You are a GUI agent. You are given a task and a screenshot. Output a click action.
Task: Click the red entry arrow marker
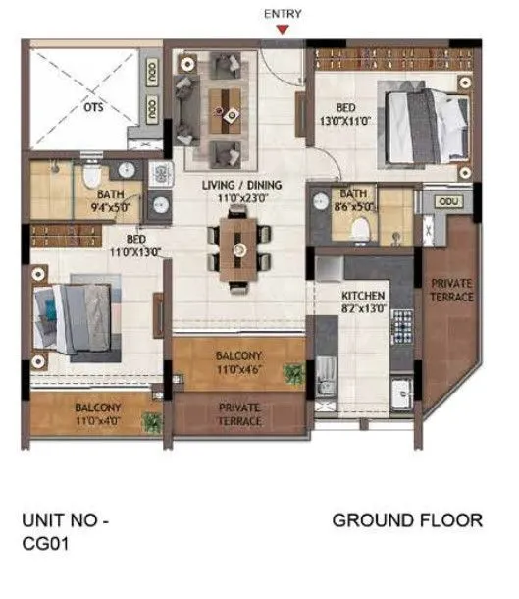(x=283, y=29)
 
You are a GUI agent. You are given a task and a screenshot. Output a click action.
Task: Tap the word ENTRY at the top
(x=283, y=14)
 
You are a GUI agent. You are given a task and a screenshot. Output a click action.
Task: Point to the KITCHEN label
(x=362, y=296)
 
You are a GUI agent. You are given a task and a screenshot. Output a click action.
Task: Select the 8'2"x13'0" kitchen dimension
(x=362, y=309)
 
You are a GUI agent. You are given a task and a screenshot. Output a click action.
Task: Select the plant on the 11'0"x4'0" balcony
(x=150, y=423)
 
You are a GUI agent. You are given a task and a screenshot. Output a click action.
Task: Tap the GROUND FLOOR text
(x=407, y=520)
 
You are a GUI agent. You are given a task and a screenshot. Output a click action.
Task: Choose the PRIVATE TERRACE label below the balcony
(x=238, y=414)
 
